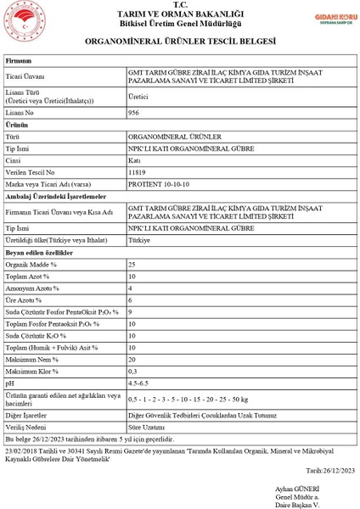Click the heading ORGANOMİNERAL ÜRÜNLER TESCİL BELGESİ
pos(180,41)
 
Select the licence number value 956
pos(133,112)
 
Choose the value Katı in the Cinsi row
pos(134,159)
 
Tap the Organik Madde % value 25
pos(132,265)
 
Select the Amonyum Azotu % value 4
pos(130,288)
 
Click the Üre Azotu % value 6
pos(130,300)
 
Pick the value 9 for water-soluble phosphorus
pos(130,312)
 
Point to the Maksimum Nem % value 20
pos(132,359)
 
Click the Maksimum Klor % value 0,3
pos(132,371)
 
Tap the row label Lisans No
pos(21,112)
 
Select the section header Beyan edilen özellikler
pos(40,253)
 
